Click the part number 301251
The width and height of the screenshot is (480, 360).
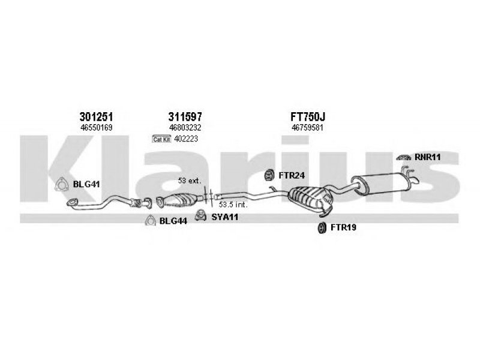point(96,116)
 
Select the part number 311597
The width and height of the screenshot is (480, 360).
point(185,116)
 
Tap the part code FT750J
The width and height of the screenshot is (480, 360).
point(307,116)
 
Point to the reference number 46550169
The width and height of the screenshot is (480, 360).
point(96,128)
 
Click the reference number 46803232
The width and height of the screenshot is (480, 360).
point(185,128)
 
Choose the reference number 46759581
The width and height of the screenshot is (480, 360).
point(307,128)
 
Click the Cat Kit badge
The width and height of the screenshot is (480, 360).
point(161,139)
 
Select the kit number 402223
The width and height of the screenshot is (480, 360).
point(186,139)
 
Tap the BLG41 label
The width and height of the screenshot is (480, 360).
point(86,184)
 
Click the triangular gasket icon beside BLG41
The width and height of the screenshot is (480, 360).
point(62,185)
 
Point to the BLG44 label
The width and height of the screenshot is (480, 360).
point(173,221)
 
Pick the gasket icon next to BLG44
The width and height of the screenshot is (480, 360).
point(151,221)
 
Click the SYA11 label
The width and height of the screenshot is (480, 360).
point(224,217)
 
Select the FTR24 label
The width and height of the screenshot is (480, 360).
point(292,175)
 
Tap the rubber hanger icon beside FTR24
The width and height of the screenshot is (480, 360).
point(269,175)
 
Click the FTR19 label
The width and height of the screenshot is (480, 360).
point(343,227)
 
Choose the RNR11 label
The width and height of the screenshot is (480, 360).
point(428,157)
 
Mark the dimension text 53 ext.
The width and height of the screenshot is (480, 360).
point(190,181)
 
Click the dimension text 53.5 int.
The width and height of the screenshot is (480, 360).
point(233,205)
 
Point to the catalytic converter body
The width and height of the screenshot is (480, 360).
point(181,200)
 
